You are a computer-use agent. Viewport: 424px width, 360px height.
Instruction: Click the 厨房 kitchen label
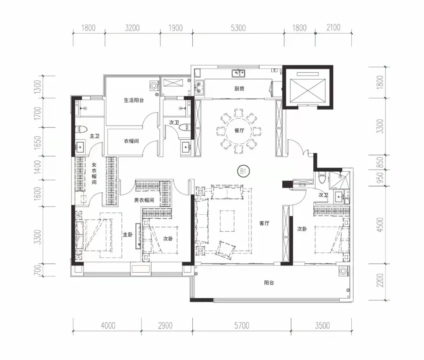coord(239,89)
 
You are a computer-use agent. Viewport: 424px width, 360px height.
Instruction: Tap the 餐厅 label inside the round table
coord(239,130)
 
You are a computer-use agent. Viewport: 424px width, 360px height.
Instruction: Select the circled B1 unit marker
coord(243,171)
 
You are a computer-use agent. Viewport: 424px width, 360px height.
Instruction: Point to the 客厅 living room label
coord(264,223)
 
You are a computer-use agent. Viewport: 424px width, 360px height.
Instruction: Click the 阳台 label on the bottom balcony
coord(269,283)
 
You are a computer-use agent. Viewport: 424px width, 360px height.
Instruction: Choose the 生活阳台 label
coord(134,100)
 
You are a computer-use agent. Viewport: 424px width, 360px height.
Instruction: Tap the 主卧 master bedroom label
coord(128,234)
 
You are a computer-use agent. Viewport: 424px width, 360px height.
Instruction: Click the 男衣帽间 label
coord(144,200)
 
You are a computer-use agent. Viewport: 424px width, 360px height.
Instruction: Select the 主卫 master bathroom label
coord(95,136)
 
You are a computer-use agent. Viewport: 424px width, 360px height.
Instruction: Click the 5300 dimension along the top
coord(238,28)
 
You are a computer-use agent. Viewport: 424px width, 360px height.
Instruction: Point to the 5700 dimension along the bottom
coord(242,325)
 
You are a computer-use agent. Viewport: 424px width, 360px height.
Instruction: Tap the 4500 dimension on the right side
coord(380,225)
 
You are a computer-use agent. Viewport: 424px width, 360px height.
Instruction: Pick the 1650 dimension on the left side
coord(38,142)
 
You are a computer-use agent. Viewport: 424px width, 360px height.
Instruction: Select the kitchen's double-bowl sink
coord(238,73)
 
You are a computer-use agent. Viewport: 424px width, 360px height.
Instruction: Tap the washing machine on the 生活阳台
coord(154,86)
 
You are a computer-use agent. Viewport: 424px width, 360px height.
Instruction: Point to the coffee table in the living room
coord(227,221)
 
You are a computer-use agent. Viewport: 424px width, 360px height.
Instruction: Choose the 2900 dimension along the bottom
coord(165,325)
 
